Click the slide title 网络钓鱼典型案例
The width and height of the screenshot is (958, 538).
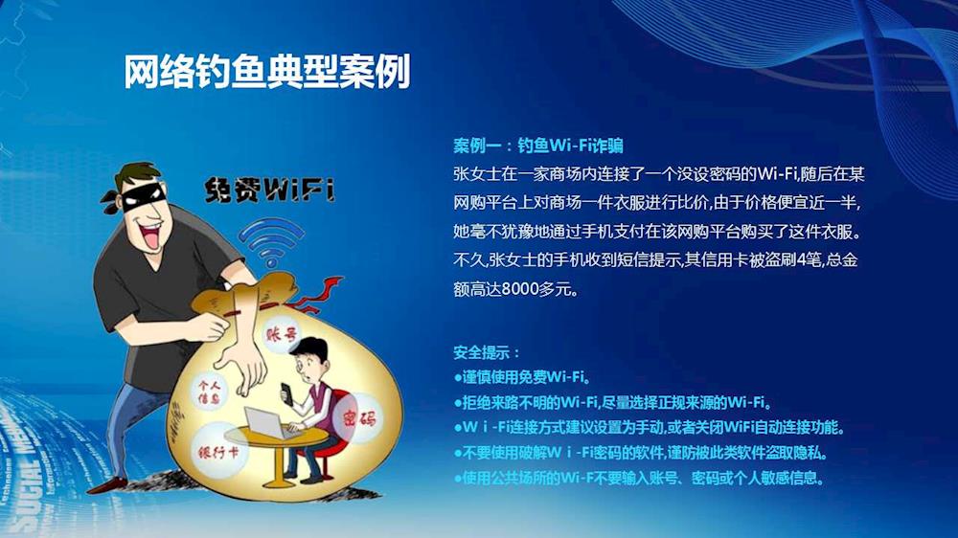(267, 72)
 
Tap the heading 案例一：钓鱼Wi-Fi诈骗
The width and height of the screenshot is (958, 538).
(538, 146)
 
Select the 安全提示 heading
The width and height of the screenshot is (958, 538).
(487, 352)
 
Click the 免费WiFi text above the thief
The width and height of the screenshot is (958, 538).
(270, 190)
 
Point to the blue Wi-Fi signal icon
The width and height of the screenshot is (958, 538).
(271, 241)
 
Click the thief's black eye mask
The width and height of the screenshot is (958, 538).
(142, 194)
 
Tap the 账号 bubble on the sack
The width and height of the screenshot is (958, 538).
(282, 334)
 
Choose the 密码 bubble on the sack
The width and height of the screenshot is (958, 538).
(358, 418)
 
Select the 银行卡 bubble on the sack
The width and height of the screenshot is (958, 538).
(218, 452)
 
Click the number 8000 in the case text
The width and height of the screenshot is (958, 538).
(518, 289)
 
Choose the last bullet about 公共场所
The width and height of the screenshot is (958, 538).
(639, 478)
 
